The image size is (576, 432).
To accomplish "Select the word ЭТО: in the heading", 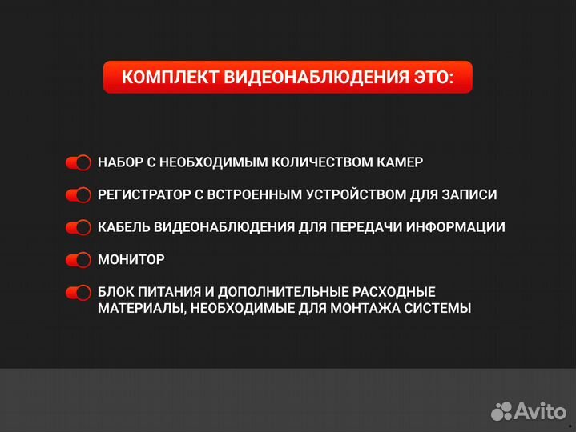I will pos(434,78).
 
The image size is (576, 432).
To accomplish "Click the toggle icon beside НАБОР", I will pos(79,162).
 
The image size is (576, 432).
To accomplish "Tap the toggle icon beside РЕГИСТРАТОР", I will pos(79,195).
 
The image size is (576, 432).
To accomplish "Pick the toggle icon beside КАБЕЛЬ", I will pos(79,227).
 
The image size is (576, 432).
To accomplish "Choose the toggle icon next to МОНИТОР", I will pos(79,260).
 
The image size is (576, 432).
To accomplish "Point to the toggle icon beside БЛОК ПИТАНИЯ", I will pos(79,293).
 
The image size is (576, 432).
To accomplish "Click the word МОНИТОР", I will pos(131,260).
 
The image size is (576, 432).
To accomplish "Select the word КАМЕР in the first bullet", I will pos(401,162).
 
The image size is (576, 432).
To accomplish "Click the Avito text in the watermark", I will pos(539,411).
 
